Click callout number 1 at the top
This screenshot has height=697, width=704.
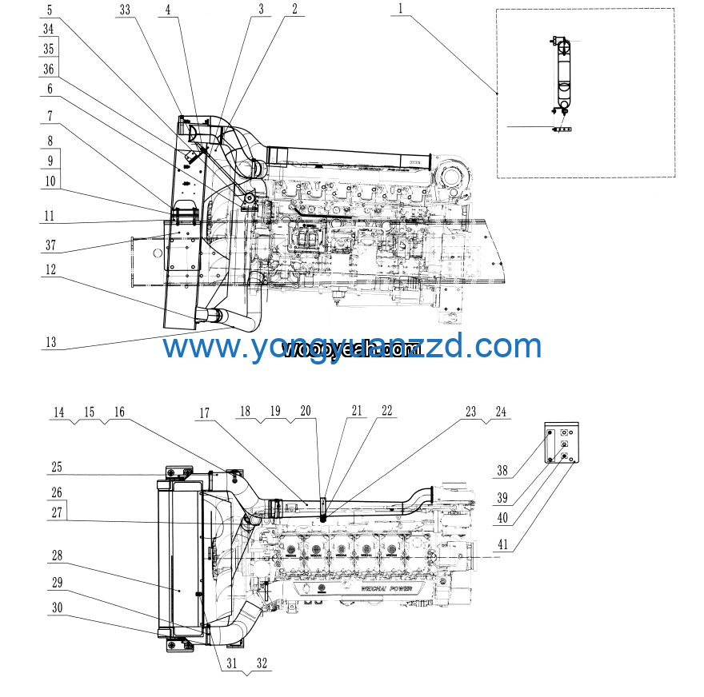click(400, 10)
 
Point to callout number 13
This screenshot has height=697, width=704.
click(50, 342)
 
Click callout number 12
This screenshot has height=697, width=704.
click(50, 270)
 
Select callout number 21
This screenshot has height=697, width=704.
click(357, 412)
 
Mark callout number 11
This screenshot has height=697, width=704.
click(50, 216)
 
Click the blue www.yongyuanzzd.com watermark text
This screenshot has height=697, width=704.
click(352, 347)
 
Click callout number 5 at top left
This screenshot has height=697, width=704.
click(50, 10)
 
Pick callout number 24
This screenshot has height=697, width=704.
click(501, 412)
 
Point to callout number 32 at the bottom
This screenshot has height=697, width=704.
click(262, 663)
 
